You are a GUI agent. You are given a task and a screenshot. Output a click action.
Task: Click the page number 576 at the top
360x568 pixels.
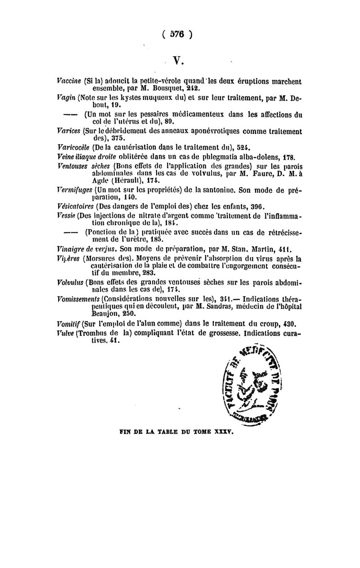pyautogui.click(x=180, y=35)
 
